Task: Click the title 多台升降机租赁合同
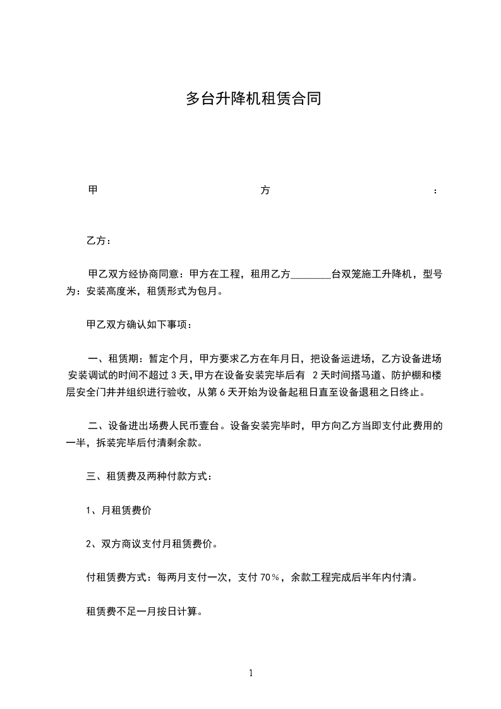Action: pyautogui.click(x=253, y=99)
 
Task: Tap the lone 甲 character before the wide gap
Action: pyautogui.click(x=92, y=190)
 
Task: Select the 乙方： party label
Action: pyautogui.click(x=99, y=241)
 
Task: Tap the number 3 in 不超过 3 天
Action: pyautogui.click(x=174, y=376)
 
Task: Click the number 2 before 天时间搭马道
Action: pyautogui.click(x=316, y=376)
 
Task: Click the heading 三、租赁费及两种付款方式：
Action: pyautogui.click(x=149, y=477)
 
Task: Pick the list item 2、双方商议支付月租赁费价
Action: pyautogui.click(x=152, y=544)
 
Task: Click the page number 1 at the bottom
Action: pyautogui.click(x=251, y=674)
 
